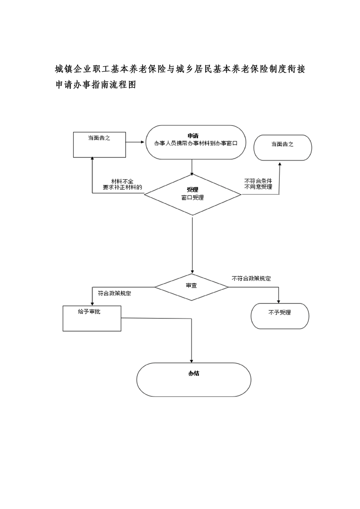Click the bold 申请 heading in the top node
(x=193, y=136)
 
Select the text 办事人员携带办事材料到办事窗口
(x=196, y=143)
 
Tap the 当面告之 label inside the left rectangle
(x=99, y=138)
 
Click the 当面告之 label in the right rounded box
(x=282, y=144)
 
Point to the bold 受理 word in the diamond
(x=192, y=190)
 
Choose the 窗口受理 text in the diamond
(x=192, y=197)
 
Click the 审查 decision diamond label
(x=192, y=286)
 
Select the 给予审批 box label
(x=89, y=312)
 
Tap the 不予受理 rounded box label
(x=280, y=313)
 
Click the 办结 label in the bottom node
(x=194, y=373)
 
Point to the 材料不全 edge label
(x=122, y=181)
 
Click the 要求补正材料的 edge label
(x=123, y=187)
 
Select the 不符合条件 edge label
(x=258, y=181)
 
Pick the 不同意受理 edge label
(x=258, y=187)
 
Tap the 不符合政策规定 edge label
(x=251, y=279)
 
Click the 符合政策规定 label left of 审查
(x=114, y=294)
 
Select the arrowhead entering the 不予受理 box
(x=278, y=301)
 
